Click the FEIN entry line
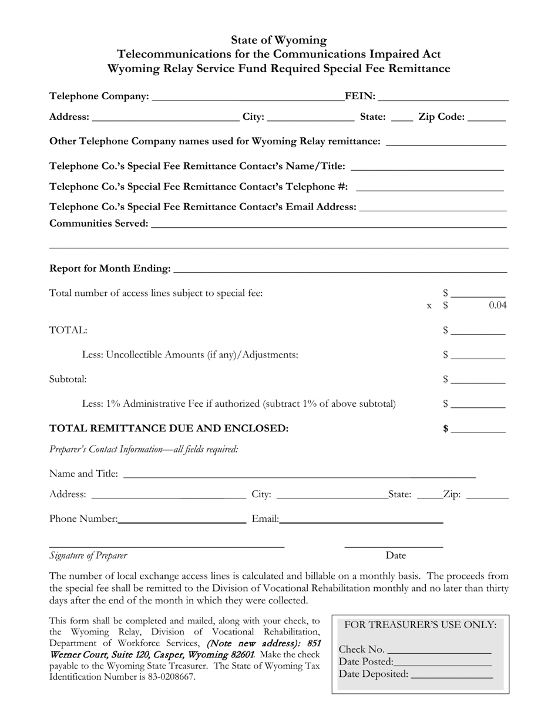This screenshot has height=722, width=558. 443,97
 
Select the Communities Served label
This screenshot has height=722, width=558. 99,223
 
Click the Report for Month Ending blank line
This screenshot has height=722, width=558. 340,269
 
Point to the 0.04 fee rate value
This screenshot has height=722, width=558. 497,305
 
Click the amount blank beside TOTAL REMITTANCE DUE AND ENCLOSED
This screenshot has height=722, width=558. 478,429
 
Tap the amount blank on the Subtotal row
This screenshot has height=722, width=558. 478,380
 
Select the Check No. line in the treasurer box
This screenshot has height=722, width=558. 439,650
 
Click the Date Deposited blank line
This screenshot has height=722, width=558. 452,674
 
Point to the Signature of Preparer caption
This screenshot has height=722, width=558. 88,555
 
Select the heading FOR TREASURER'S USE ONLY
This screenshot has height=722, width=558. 420,625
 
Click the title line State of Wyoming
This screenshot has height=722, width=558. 278,40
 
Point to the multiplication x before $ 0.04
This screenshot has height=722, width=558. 429,306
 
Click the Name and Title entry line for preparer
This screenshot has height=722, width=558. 300,474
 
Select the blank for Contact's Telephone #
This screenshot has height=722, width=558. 430,188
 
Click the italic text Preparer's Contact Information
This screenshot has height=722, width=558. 144,449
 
